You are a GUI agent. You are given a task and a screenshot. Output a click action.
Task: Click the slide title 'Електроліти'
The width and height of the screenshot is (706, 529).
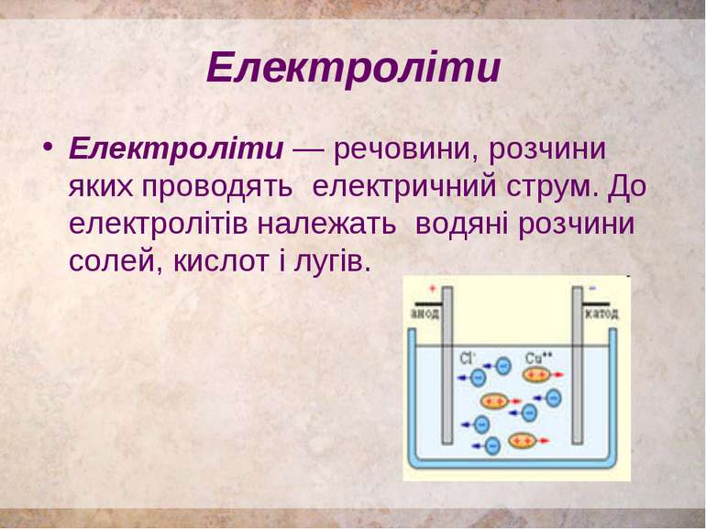pos(353,68)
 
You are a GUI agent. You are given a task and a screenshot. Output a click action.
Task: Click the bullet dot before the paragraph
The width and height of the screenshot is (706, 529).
pos(45,149)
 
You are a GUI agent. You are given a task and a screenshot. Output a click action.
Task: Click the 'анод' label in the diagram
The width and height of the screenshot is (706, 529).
pos(425,314)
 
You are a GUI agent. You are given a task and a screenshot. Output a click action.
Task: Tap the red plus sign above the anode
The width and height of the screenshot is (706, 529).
pos(419,289)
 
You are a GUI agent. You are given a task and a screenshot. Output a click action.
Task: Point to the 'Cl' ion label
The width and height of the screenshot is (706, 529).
pos(467,356)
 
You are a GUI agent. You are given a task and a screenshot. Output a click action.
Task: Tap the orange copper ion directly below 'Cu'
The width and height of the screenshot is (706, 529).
pos(535,375)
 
